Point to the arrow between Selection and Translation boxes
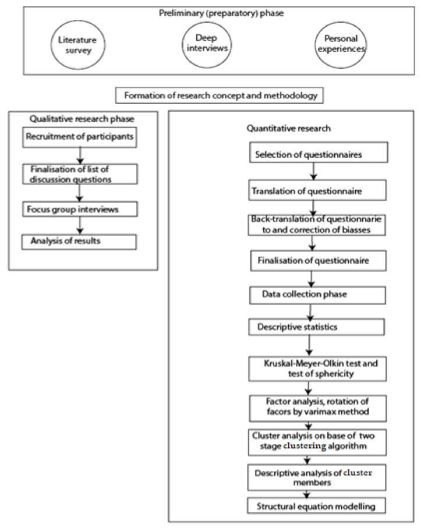[314, 172]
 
